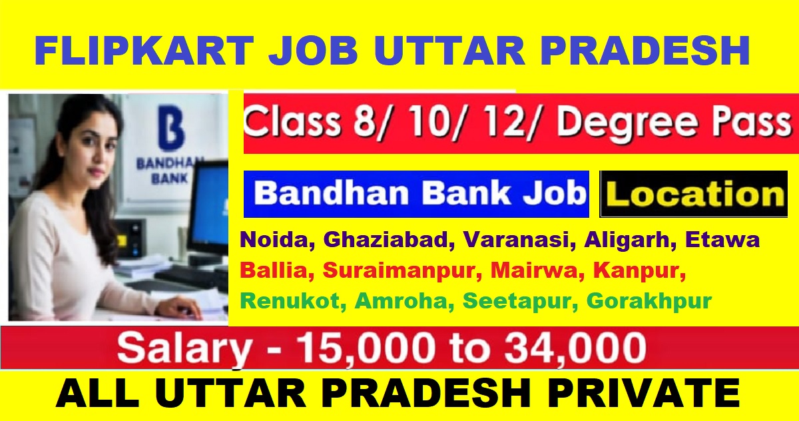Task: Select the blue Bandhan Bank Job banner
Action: [x=416, y=194]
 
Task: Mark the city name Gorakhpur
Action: [x=649, y=301]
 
